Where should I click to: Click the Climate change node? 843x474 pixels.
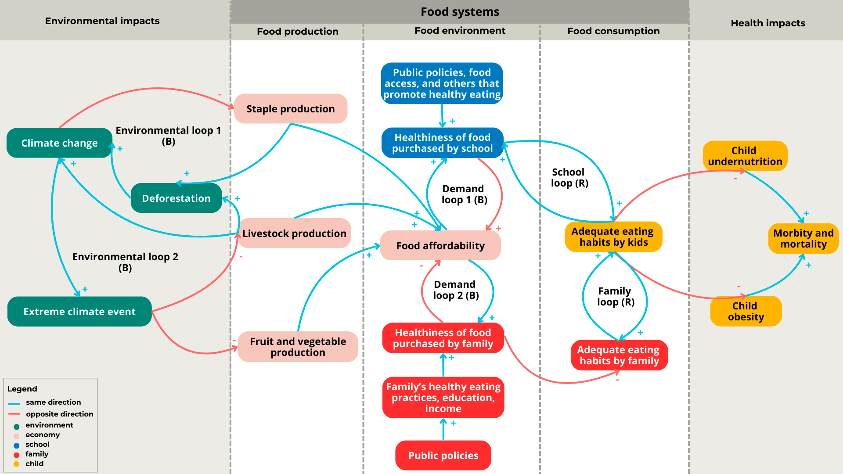tap(59, 143)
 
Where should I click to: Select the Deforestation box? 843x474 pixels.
tap(176, 198)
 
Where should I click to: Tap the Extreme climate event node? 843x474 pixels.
tap(79, 312)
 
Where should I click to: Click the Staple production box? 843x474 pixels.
tap(290, 109)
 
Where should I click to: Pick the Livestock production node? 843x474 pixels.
tap(294, 233)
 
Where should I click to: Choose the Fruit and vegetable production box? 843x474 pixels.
tap(298, 347)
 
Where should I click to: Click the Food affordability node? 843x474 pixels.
tap(440, 246)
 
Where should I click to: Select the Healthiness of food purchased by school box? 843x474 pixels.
tap(442, 143)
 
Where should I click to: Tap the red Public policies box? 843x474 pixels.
tap(443, 456)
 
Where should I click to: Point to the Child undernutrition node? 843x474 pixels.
tap(745, 156)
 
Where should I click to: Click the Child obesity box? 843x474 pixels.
tap(746, 311)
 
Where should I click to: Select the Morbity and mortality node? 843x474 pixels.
tap(803, 239)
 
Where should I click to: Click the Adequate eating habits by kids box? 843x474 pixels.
tap(613, 237)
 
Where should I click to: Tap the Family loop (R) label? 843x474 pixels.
tap(615, 297)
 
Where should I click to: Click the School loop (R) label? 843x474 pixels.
tap(569, 178)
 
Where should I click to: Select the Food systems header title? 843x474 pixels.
tap(460, 12)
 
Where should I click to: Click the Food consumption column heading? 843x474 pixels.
tap(613, 31)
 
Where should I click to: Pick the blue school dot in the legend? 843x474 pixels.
tap(17, 445)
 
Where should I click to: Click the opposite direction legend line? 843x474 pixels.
tap(14, 414)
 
